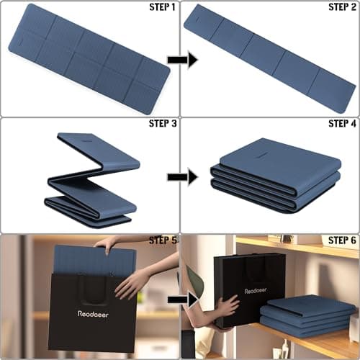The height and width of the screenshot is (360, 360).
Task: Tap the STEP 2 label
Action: click(342, 7)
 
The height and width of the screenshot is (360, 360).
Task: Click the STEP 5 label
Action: click(162, 240)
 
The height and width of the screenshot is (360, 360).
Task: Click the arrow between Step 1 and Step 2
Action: click(177, 60)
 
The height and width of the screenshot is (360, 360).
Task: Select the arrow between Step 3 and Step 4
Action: click(177, 176)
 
